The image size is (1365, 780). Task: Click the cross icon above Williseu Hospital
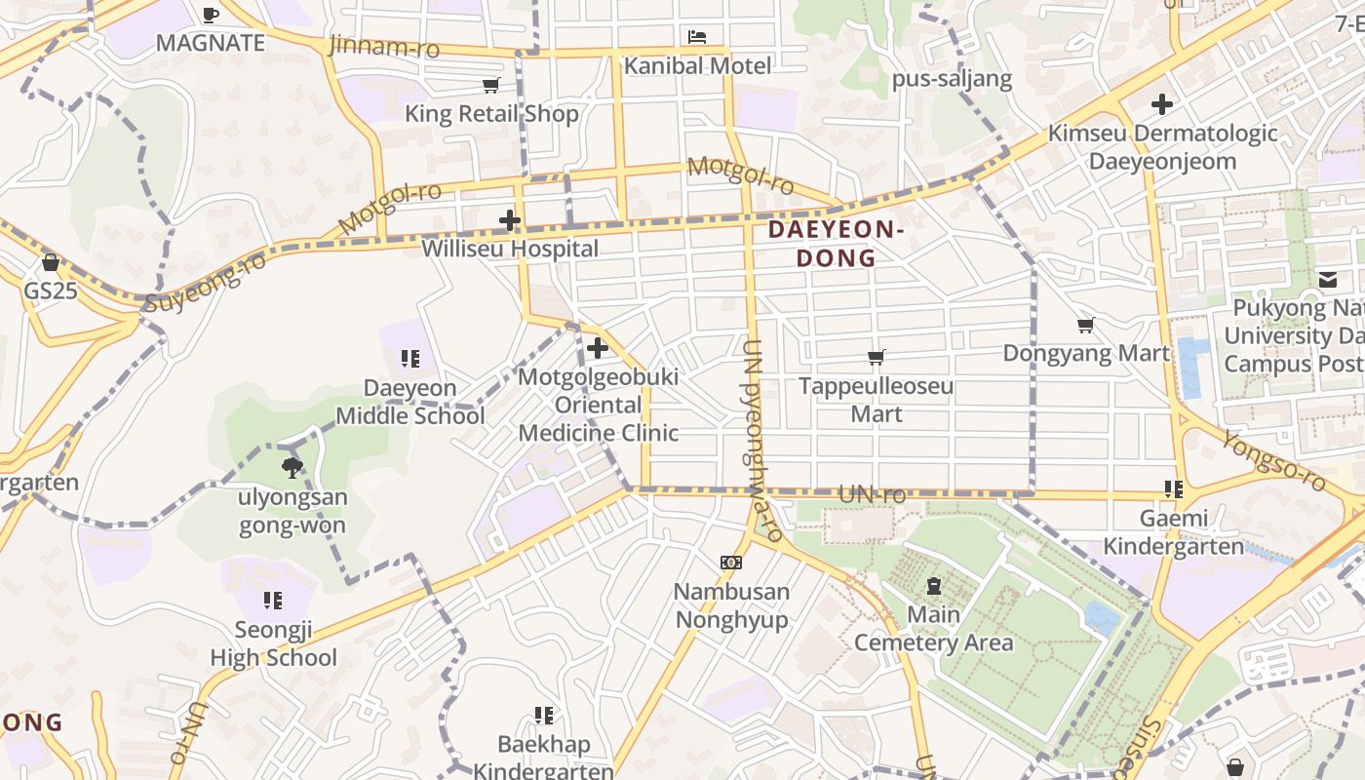coord(509,220)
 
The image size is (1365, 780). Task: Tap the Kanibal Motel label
coord(697,65)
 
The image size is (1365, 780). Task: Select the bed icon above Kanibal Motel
coord(697,37)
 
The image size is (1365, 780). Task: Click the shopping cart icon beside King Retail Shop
coord(491,86)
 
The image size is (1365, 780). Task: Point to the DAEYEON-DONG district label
coord(836,244)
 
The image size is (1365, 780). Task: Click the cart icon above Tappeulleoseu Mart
coord(876,358)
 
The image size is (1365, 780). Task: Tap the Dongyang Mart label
coord(1085,353)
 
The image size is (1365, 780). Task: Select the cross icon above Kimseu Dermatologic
coord(1161,103)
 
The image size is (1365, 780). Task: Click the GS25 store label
coord(51,291)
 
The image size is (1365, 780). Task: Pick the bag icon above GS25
coord(51,262)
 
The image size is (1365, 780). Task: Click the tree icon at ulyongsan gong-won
coord(292,468)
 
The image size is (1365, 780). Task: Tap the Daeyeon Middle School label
coord(410,402)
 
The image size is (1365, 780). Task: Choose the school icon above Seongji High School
coord(273,601)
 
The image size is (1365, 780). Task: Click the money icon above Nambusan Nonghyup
coord(731,563)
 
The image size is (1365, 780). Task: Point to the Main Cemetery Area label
coord(933,629)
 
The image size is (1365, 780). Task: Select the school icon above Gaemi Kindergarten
coord(1173,489)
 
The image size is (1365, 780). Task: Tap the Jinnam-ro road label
coord(384,46)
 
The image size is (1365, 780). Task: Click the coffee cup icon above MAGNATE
coord(210,14)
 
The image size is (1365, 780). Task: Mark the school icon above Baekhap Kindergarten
coord(544,716)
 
